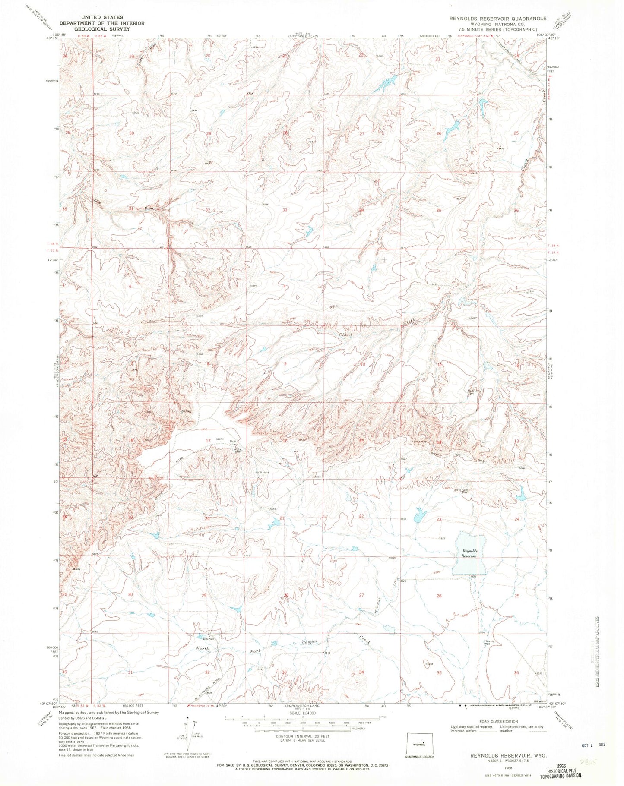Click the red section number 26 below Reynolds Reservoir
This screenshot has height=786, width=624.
pyautogui.click(x=439, y=596)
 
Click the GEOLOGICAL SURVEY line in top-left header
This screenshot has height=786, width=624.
pyautogui.click(x=102, y=29)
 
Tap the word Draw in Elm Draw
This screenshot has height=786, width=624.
pyautogui.click(x=149, y=208)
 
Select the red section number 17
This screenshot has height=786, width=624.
pyautogui.click(x=208, y=441)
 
